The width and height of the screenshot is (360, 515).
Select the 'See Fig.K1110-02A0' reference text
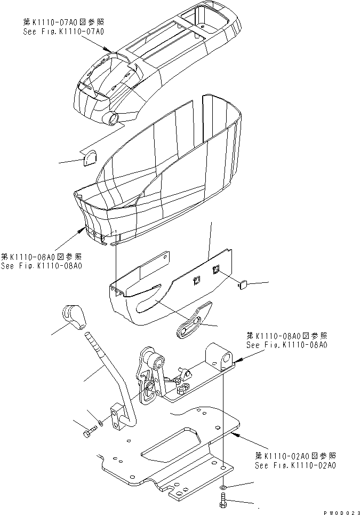tap(294, 465)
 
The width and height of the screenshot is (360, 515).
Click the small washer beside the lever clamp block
tap(100, 425)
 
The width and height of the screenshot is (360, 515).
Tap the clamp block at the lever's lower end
tap(122, 417)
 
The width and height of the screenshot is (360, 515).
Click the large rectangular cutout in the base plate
tap(172, 446)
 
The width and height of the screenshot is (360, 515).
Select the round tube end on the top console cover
tap(113, 118)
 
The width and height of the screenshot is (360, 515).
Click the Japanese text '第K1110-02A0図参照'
tap(295, 456)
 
